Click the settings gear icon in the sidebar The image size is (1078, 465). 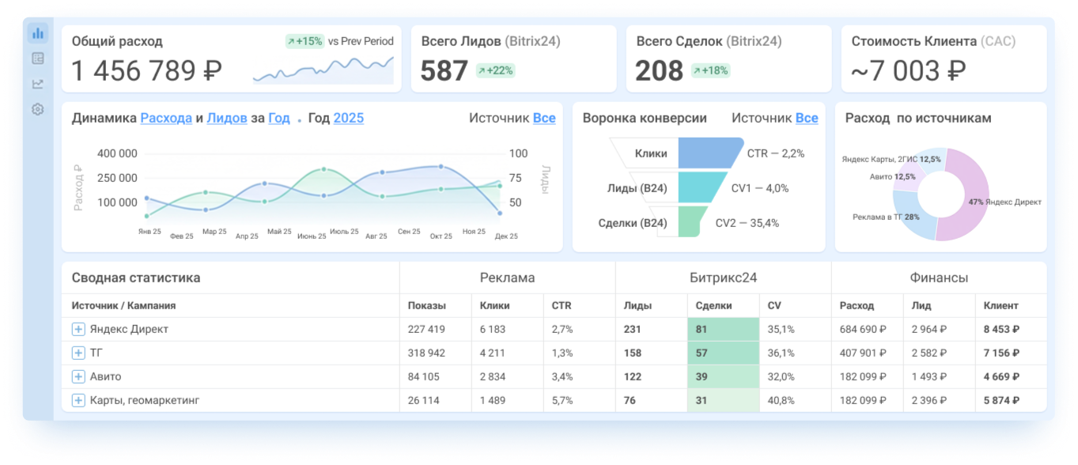(x=37, y=109)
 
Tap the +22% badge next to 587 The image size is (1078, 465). (x=495, y=70)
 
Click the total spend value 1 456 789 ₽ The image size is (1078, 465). (x=147, y=70)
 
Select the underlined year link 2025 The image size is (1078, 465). (x=349, y=118)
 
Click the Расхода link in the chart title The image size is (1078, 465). (x=166, y=118)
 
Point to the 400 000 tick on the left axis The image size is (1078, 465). (x=117, y=153)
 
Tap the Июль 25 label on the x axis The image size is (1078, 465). (x=344, y=232)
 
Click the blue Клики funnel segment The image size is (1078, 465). (x=709, y=153)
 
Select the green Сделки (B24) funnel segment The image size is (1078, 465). (x=691, y=221)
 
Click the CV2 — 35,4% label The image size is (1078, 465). (x=747, y=223)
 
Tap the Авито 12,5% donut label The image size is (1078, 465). (x=892, y=176)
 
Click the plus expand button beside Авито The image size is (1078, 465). (x=78, y=376)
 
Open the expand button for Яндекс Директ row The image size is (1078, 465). (x=78, y=329)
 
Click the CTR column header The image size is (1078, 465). (x=561, y=306)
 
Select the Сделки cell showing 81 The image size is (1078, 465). (x=724, y=329)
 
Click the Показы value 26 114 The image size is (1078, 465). (x=423, y=400)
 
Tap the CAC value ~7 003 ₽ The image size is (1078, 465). (x=908, y=70)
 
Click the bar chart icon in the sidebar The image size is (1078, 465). (x=37, y=33)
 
